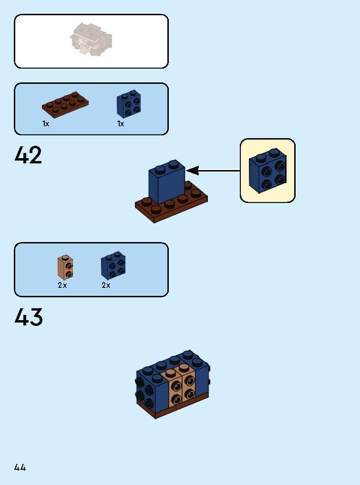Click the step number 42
(29, 155)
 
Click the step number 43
(29, 317)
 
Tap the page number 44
(20, 467)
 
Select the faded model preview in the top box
(92, 39)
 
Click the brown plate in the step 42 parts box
(65, 103)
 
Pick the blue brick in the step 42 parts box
(129, 104)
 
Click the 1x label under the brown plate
(46, 124)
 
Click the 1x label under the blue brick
(121, 124)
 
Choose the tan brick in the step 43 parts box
(65, 268)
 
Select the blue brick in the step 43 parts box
(113, 266)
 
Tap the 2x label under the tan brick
(62, 285)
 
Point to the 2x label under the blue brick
(106, 285)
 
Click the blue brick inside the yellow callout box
(267, 172)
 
